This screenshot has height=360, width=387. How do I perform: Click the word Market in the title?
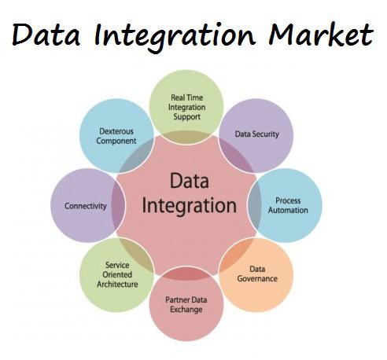coord(321,35)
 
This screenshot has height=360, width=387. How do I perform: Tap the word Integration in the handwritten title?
coord(175,37)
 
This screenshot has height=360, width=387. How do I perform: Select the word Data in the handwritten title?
coord(46,35)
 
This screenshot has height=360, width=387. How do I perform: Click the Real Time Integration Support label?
coord(186,107)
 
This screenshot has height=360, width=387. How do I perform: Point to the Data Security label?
coord(256,134)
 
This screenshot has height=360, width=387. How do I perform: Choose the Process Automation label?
coord(288,205)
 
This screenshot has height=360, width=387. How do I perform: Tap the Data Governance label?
coord(257,274)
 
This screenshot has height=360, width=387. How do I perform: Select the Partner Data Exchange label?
coord(186,304)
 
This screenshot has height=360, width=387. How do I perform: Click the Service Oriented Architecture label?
coord(117,274)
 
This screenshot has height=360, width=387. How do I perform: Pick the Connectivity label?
coord(86,206)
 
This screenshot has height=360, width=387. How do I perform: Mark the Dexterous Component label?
coord(116,136)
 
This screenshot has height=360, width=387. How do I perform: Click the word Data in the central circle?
coord(190,181)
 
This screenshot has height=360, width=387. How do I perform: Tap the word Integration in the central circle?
coord(190,206)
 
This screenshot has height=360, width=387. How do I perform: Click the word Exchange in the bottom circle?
coord(186,309)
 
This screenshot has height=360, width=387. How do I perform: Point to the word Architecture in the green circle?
coord(117,284)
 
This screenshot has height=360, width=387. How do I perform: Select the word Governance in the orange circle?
coord(257,278)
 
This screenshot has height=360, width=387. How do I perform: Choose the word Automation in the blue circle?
coord(288,210)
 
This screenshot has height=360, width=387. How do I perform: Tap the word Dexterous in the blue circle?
coord(116,131)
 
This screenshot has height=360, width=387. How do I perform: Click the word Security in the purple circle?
coord(264,134)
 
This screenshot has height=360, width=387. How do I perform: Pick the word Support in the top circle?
coord(186,116)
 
